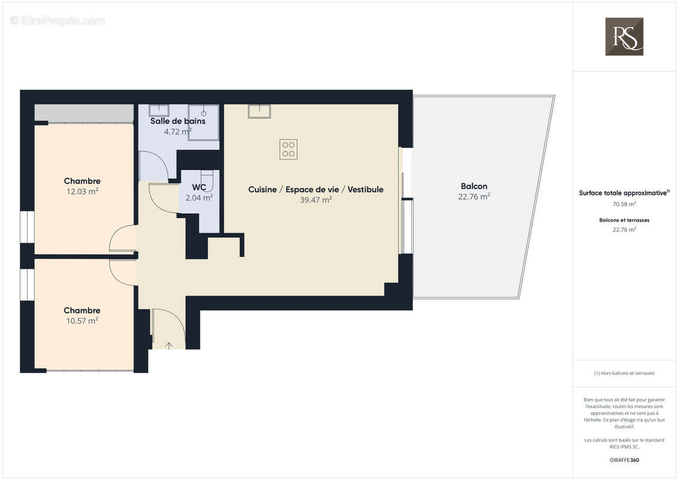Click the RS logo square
624,37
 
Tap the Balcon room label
474,186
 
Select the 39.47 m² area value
316,200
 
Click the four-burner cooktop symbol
288,149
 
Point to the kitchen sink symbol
259,111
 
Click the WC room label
199,187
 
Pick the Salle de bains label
178,121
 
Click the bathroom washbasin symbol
159,110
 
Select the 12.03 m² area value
82,191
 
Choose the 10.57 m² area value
82,321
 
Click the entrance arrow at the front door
169,345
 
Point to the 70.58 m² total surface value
624,204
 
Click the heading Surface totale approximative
623,193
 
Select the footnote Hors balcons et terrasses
624,373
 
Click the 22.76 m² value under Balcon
474,196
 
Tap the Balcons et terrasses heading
624,220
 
